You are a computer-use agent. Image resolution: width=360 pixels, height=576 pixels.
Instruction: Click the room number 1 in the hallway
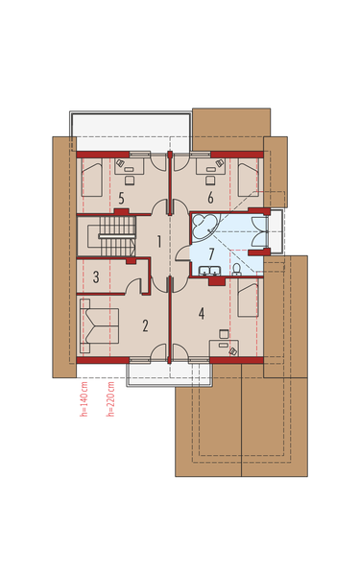[x=158, y=240]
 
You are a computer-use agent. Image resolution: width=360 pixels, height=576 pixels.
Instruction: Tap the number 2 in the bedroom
[x=145, y=324]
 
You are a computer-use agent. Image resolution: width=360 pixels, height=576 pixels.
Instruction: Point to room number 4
[x=202, y=312]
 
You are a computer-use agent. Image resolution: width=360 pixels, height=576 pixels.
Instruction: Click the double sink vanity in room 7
[x=213, y=274]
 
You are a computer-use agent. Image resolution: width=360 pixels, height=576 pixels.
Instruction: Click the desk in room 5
[x=129, y=165]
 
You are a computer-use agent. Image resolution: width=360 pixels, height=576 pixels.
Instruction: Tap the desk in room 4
[x=228, y=342]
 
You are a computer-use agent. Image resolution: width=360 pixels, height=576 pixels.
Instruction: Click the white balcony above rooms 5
[x=130, y=125]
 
